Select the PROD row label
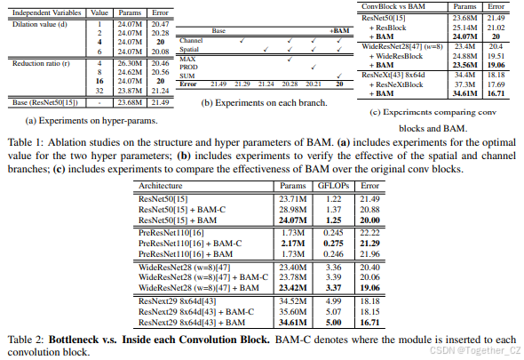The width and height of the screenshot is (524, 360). click(190, 65)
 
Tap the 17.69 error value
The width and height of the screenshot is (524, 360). click(496, 84)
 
